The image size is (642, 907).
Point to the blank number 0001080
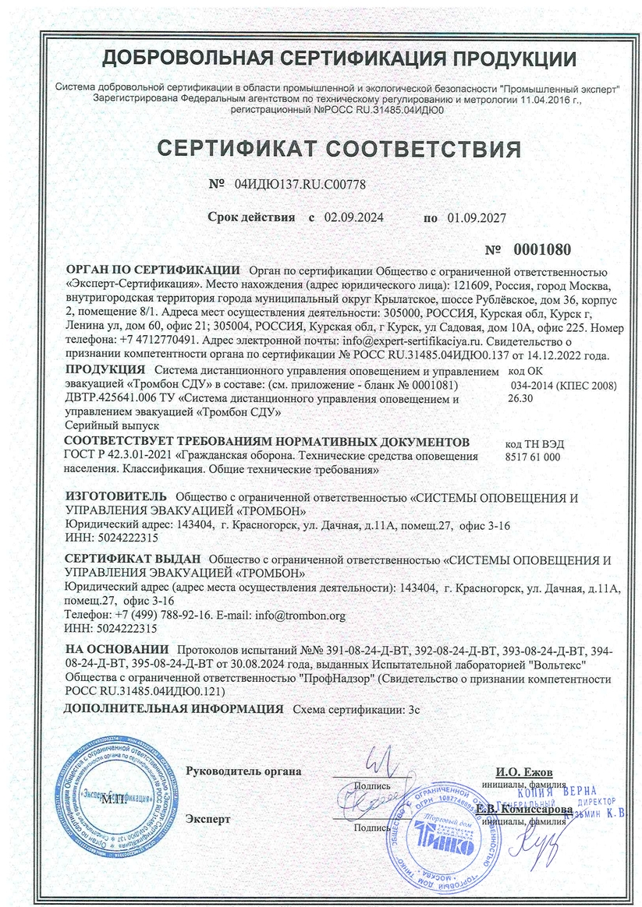(542, 250)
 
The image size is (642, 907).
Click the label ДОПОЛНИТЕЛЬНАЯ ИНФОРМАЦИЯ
(173, 709)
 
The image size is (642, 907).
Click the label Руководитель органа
(243, 771)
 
